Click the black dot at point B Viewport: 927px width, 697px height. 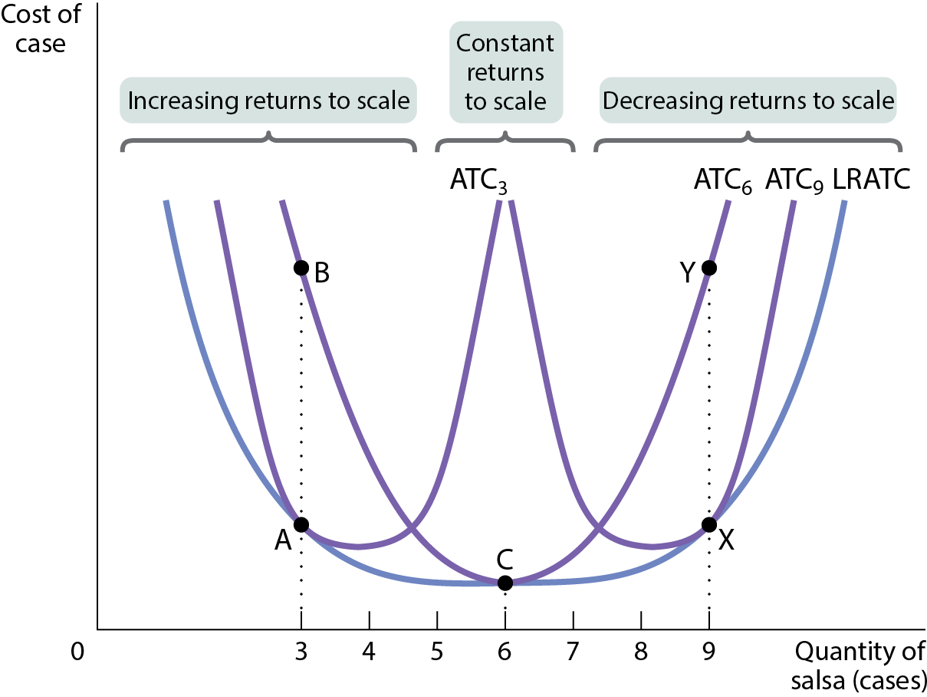point(301,268)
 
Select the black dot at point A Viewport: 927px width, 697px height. point(301,524)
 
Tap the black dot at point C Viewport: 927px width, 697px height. point(505,583)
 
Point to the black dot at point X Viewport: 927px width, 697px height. point(709,524)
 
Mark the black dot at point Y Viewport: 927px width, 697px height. point(709,268)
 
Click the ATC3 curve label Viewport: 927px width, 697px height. point(478,181)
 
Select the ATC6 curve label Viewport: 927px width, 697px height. point(722,181)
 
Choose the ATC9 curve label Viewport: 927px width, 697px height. point(794,181)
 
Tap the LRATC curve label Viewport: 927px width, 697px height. point(871,179)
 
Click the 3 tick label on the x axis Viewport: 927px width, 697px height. point(301,652)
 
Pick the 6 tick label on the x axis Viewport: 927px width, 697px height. point(505,652)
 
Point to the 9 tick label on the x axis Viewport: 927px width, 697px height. point(709,652)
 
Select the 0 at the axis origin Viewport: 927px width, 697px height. point(77,652)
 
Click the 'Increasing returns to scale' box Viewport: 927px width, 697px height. point(268,101)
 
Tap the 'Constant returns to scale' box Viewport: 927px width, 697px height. point(506,72)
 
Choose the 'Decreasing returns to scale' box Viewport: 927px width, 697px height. point(748,101)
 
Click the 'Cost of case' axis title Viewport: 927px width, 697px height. point(41,28)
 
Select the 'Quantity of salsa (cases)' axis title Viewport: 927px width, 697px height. point(859,666)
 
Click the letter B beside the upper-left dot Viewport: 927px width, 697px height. point(322,273)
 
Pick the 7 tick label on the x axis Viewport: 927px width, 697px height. point(573,652)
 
